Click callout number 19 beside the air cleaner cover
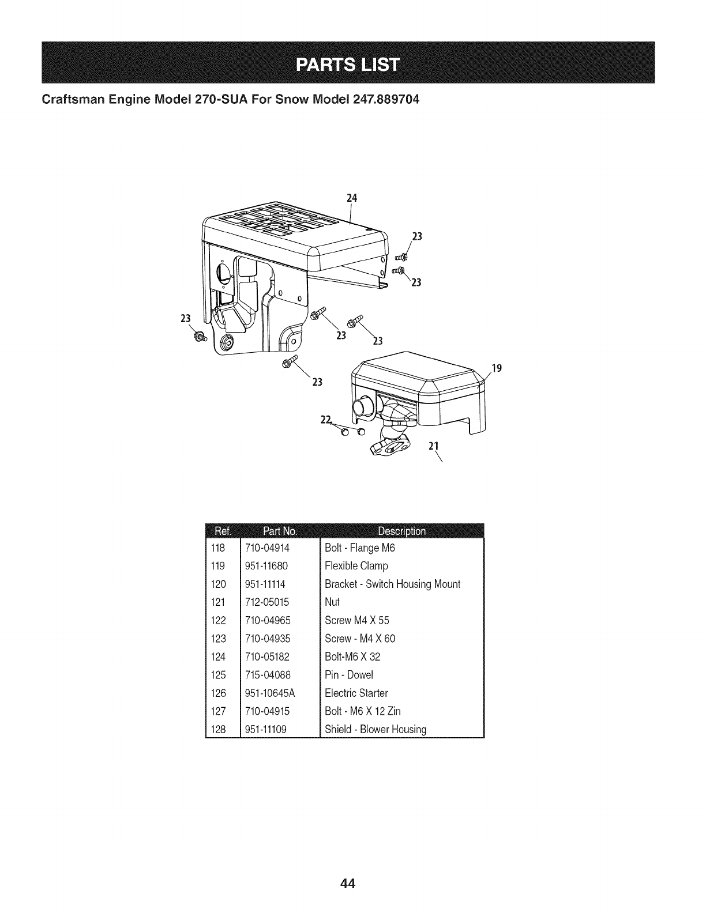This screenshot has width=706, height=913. [494, 367]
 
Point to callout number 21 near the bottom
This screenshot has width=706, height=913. [434, 446]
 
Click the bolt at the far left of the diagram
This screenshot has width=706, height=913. [200, 336]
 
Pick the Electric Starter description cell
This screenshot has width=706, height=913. [356, 693]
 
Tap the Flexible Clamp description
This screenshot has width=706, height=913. [356, 566]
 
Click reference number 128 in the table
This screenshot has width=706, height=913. [219, 729]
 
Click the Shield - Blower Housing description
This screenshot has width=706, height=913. [375, 729]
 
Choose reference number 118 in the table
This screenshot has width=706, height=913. [219, 548]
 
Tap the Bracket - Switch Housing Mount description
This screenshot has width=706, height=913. [392, 584]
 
